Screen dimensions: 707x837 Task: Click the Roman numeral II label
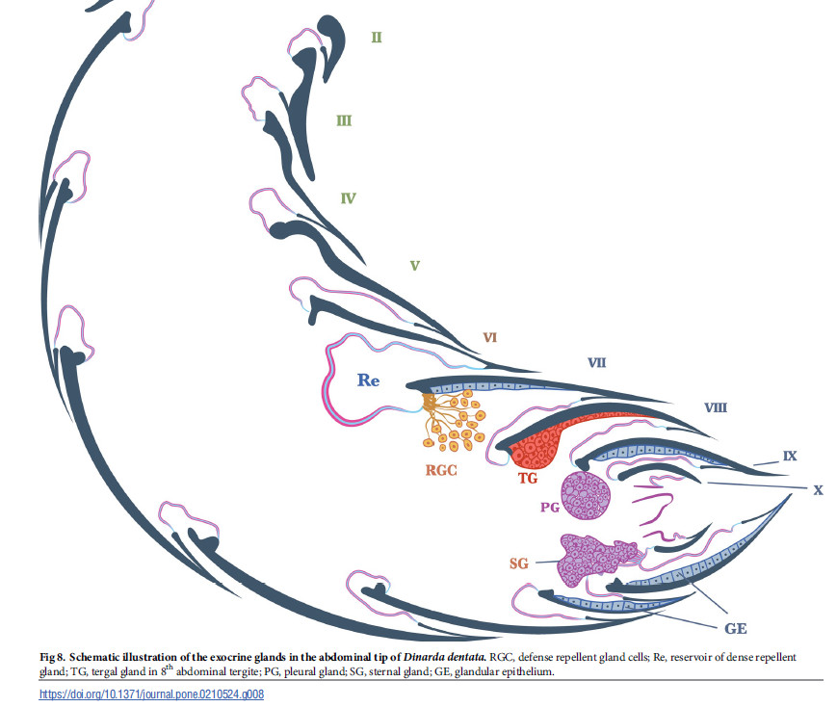(377, 38)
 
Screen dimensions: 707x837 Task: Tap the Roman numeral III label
(343, 121)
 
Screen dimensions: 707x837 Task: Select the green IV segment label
(349, 199)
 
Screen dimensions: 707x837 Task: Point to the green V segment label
(414, 265)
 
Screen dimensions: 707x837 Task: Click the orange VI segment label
(489, 338)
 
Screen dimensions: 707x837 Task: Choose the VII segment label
(597, 363)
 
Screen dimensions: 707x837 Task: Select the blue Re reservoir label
(369, 380)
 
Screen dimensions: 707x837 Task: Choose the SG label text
(519, 563)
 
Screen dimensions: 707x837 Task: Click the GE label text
(736, 628)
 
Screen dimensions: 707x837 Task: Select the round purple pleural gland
(587, 497)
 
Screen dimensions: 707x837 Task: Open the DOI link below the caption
(151, 694)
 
